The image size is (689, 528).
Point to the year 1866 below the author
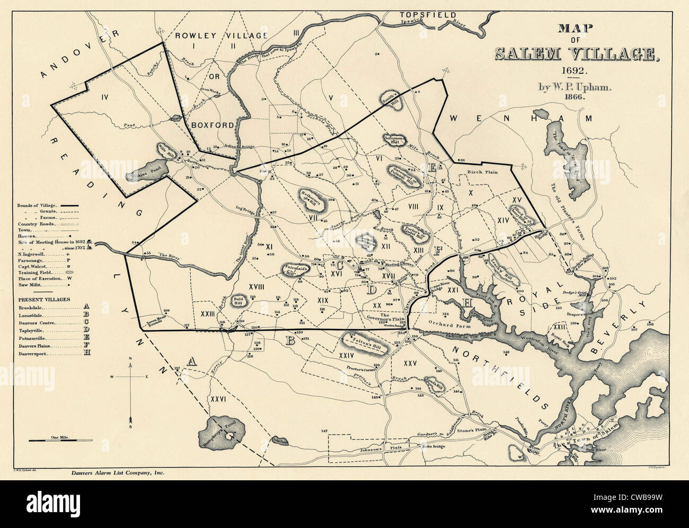pyautogui.click(x=578, y=98)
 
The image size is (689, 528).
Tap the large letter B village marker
pyautogui.click(x=290, y=341)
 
